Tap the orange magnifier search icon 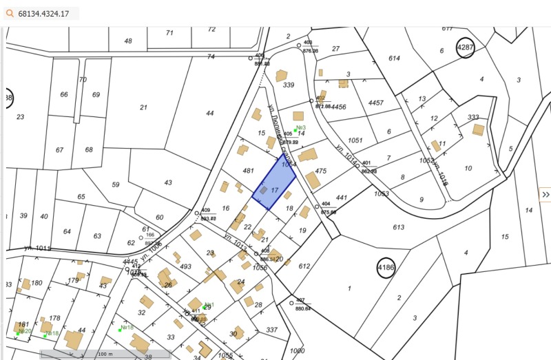(x=10, y=13)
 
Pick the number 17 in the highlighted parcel (x=274, y=189)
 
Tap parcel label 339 (x=289, y=85)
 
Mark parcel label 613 (x=399, y=227)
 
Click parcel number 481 (x=249, y=171)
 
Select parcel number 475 (x=320, y=171)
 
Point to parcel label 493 (x=185, y=266)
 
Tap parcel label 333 (x=473, y=117)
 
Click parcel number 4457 (x=375, y=103)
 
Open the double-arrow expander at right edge (x=545, y=195)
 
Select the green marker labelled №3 (x=295, y=129)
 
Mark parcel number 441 (x=342, y=198)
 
